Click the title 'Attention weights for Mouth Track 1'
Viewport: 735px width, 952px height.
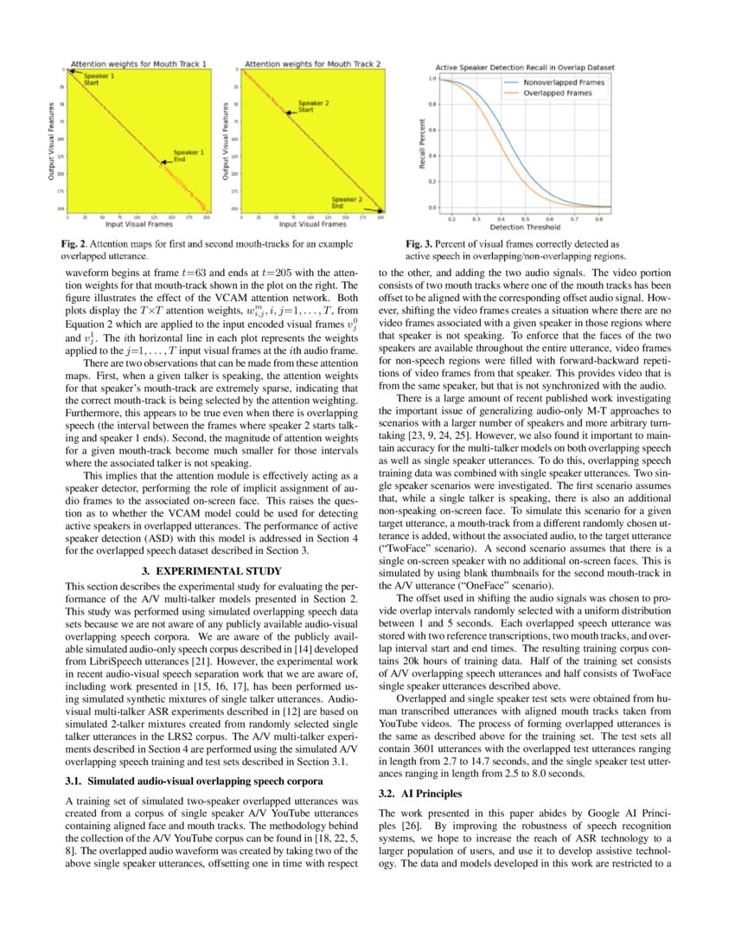[x=139, y=63]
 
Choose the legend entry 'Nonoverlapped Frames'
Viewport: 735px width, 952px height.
[x=556, y=82]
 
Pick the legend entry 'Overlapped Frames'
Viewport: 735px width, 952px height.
[x=551, y=93]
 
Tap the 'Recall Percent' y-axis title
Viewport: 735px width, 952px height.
[x=424, y=144]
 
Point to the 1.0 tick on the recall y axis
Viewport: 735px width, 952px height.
[x=433, y=79]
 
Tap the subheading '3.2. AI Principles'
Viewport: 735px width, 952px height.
[x=420, y=794]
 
